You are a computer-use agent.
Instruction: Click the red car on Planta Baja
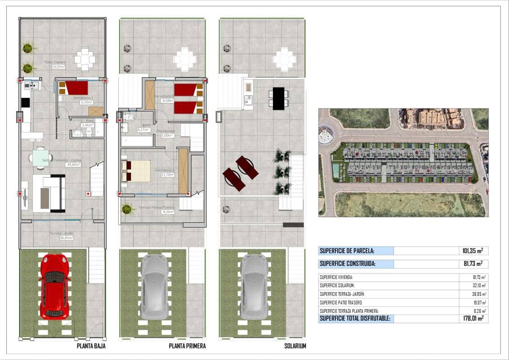(x=54, y=286)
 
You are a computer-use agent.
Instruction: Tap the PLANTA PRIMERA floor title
(x=187, y=346)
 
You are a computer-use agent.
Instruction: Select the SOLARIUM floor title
(x=295, y=346)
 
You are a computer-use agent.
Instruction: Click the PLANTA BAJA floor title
(x=90, y=346)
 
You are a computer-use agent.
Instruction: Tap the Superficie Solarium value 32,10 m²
(x=477, y=286)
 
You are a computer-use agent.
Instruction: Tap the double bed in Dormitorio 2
(x=136, y=171)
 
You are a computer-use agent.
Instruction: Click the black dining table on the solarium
(x=279, y=98)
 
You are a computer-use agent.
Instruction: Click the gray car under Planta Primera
(x=154, y=286)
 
